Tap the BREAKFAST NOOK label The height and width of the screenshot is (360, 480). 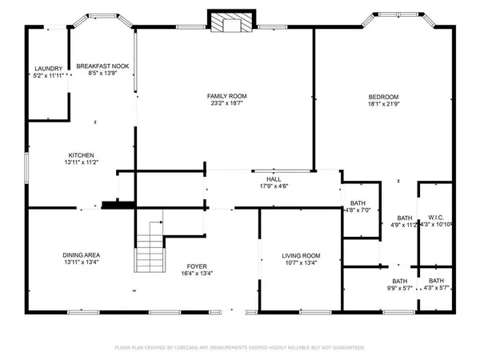click(x=97, y=66)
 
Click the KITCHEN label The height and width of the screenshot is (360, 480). click(x=82, y=154)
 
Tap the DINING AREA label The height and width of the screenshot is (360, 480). click(x=82, y=255)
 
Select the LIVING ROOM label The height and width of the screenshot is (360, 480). click(x=300, y=255)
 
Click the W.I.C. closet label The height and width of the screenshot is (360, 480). click(x=437, y=217)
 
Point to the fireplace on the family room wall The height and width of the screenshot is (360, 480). click(x=230, y=22)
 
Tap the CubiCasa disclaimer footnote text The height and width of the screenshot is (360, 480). click(x=240, y=347)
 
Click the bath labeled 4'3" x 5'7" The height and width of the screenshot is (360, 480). click(x=437, y=285)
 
